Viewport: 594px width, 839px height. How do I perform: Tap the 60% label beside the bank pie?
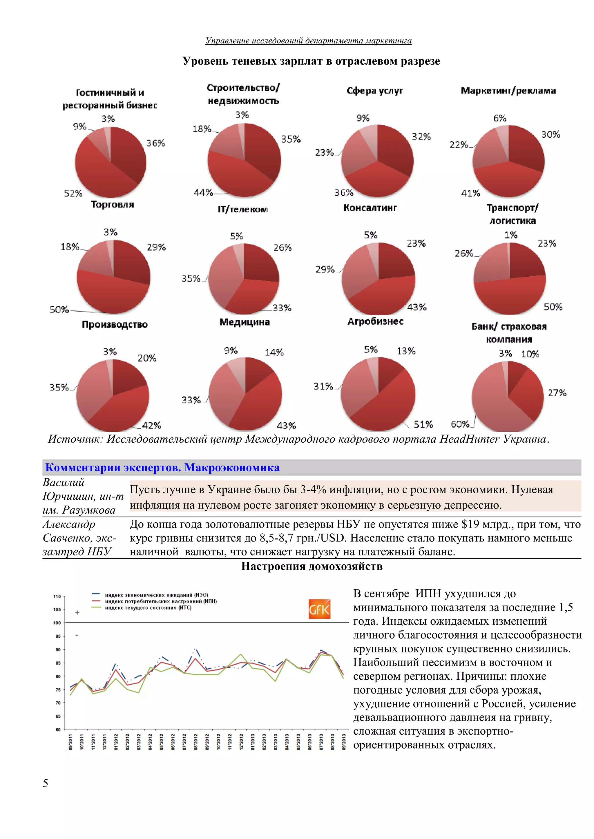point(460,424)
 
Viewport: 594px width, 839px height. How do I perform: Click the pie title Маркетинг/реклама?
point(508,91)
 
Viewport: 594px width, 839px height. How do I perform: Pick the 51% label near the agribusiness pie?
point(423,424)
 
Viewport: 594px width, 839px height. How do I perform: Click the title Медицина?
point(245,322)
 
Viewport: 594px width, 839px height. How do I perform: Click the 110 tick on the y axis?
point(57,596)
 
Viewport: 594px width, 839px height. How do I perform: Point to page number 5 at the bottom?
point(45,783)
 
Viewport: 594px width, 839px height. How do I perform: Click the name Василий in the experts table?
point(64,482)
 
